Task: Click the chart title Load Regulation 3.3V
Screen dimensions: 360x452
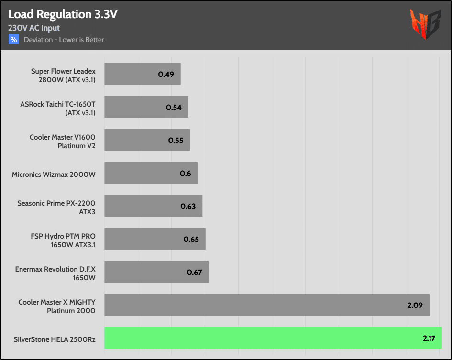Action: [x=63, y=14]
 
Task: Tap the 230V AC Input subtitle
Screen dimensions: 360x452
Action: [x=34, y=28]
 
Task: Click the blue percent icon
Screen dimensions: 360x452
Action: [x=13, y=40]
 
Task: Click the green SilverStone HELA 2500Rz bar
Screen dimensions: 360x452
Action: [x=273, y=338]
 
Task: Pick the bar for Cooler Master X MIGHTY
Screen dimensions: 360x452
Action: [x=266, y=305]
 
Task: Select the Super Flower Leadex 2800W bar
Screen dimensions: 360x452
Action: [x=142, y=74]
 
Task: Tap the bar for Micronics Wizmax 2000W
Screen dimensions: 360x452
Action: [x=151, y=173]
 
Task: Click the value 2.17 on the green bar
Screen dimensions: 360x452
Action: [x=429, y=338]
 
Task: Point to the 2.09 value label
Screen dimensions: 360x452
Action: [x=415, y=305]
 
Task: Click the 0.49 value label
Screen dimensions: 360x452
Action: [x=165, y=74]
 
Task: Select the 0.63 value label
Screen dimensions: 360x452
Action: [x=188, y=206]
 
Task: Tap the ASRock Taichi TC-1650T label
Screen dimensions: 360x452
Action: [x=58, y=107]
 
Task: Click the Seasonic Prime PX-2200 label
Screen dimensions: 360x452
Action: [x=56, y=207]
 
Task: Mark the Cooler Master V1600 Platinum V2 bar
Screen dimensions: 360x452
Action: [x=147, y=140]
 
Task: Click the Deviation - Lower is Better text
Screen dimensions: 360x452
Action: [x=64, y=40]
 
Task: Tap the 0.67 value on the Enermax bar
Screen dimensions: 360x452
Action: [x=194, y=272]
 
